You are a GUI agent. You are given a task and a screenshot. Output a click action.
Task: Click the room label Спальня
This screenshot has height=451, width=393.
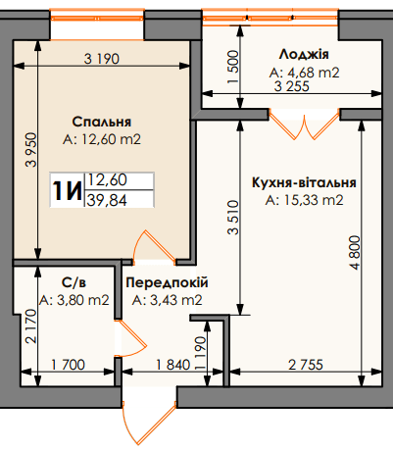[x=102, y=122]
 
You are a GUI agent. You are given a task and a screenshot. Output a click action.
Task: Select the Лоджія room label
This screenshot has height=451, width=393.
[x=297, y=55]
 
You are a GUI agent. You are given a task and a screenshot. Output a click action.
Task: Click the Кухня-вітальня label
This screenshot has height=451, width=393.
[x=303, y=183]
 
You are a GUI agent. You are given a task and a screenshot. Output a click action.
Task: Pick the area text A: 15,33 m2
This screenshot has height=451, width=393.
[x=304, y=200]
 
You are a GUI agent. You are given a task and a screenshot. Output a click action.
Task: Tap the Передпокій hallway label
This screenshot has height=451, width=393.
[x=167, y=282]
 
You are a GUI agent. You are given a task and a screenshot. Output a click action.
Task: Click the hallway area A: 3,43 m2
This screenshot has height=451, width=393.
[x=167, y=299]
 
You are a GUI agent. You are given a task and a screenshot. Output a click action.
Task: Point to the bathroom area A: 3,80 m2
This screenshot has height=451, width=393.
[x=74, y=300]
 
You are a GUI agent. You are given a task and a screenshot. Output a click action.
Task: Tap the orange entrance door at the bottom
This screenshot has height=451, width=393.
[x=135, y=414]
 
